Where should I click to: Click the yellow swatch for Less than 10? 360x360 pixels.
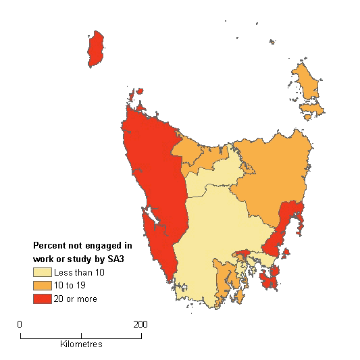(x=43, y=272)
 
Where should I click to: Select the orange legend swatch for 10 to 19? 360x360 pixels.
(x=43, y=285)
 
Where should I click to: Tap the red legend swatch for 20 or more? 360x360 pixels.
(x=43, y=298)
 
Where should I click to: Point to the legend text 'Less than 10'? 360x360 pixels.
(x=79, y=272)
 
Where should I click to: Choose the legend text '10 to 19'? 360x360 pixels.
(x=71, y=286)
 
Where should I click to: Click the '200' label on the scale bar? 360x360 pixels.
(x=140, y=324)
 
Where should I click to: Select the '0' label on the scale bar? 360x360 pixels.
(x=20, y=324)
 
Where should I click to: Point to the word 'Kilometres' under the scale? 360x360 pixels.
(x=80, y=344)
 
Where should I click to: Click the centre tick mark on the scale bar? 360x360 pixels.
(x=81, y=334)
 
